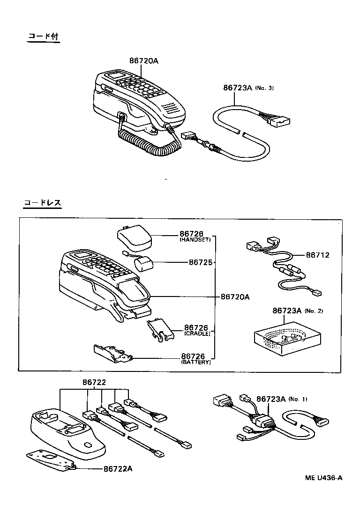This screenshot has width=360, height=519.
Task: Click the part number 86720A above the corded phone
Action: click(144, 61)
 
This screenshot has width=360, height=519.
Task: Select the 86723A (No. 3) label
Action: click(248, 88)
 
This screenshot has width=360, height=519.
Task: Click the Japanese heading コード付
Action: click(43, 37)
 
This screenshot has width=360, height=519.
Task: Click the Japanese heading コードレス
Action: click(43, 203)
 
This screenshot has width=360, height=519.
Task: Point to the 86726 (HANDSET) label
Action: click(195, 236)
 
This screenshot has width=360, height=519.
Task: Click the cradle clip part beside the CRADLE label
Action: click(160, 329)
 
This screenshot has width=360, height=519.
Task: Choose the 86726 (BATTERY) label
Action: click(195, 359)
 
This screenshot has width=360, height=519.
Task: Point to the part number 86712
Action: click(317, 255)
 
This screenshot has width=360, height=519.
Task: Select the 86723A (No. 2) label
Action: click(297, 311)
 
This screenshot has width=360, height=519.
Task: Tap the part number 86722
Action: click(94, 382)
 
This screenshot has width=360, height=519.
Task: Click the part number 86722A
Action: click(117, 468)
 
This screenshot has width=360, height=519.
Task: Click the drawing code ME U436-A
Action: click(323, 478)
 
